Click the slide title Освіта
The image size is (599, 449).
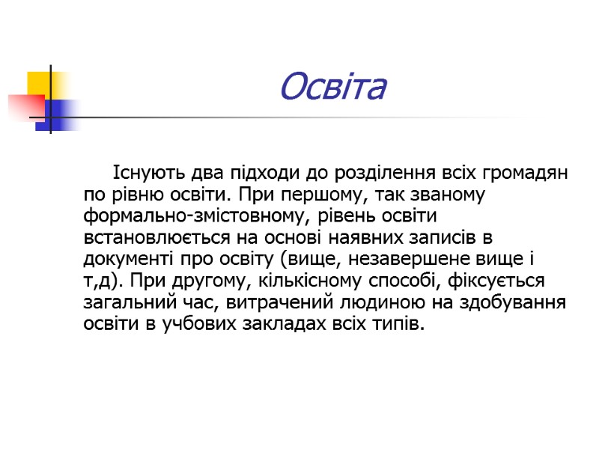click(x=332, y=88)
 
